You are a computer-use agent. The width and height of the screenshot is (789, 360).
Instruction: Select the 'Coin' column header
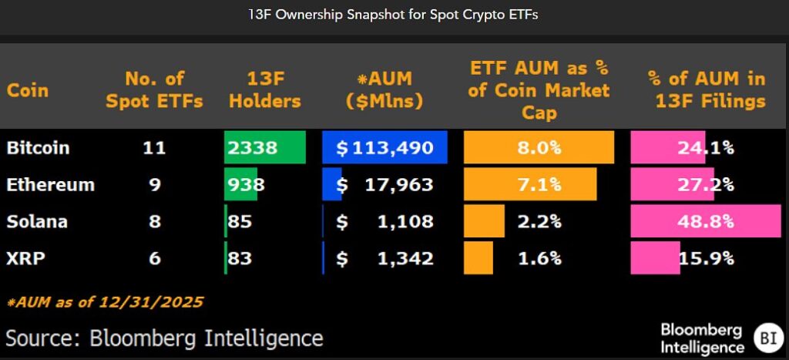[28, 90]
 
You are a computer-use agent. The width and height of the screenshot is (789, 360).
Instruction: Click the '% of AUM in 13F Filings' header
[707, 90]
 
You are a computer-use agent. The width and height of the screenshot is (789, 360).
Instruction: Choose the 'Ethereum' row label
[50, 185]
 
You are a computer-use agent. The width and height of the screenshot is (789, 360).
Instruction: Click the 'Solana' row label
[37, 222]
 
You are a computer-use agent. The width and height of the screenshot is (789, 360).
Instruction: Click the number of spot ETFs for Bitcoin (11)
[154, 147]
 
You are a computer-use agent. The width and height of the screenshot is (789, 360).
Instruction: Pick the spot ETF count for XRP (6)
[154, 258]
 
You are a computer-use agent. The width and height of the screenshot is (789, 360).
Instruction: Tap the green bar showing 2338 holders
[264, 147]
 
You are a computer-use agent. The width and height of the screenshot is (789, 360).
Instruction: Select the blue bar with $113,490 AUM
[384, 147]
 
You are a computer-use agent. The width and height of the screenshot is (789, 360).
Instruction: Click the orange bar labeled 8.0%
[539, 147]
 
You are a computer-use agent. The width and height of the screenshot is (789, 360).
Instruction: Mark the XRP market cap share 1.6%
[539, 258]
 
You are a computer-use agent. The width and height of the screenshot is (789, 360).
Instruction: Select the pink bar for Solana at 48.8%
[705, 222]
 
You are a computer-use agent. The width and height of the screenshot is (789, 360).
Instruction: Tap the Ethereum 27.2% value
[706, 185]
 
